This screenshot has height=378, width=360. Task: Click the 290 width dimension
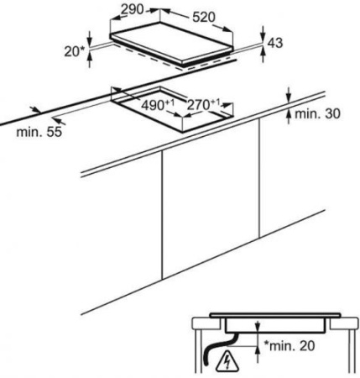coord(132,9)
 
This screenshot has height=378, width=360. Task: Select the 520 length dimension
coord(204,17)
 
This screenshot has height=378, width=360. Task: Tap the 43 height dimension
coord(275,43)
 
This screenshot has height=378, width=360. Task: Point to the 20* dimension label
coord(75,51)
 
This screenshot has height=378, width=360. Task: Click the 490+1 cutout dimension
coord(158,105)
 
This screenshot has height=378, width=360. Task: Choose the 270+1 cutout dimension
coord(203,105)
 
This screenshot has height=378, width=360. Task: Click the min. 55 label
coord(39,132)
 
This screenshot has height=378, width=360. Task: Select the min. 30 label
coord(317,113)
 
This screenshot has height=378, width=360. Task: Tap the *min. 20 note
coord(290,346)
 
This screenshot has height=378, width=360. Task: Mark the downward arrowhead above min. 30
coord(289,98)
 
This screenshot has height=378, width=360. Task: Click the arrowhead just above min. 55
coord(35,109)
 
